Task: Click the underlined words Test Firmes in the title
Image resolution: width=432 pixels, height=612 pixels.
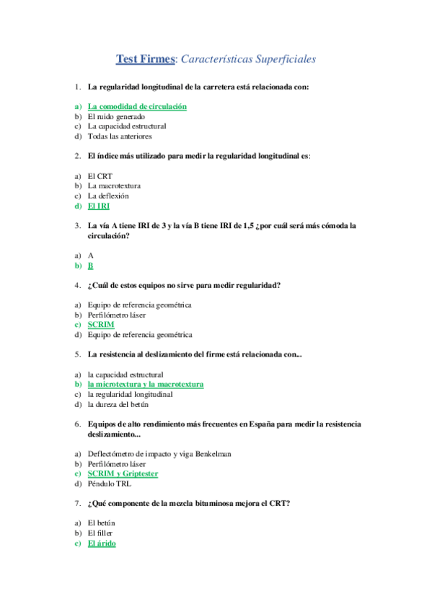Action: click(x=147, y=58)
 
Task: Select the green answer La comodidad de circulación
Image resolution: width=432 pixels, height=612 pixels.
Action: click(x=137, y=106)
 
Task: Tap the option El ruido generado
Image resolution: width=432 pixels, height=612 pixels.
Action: click(x=116, y=116)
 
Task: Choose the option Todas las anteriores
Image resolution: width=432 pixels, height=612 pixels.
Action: click(x=120, y=136)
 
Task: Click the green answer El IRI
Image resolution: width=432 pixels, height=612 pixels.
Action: click(x=99, y=206)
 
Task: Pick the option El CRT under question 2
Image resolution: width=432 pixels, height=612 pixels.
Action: click(x=100, y=176)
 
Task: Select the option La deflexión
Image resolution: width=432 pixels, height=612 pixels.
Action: click(x=109, y=196)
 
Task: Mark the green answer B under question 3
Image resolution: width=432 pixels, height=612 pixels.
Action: click(x=91, y=266)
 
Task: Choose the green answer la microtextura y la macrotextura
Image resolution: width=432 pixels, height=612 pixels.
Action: click(x=146, y=385)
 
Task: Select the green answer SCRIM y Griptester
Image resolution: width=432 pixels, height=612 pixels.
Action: click(x=123, y=473)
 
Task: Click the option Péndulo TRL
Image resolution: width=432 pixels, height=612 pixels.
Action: click(x=110, y=484)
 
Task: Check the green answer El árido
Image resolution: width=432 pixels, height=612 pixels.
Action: click(x=101, y=543)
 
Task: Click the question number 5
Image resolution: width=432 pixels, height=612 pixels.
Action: click(x=77, y=354)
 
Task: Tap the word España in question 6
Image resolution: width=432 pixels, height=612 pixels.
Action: click(x=264, y=424)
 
